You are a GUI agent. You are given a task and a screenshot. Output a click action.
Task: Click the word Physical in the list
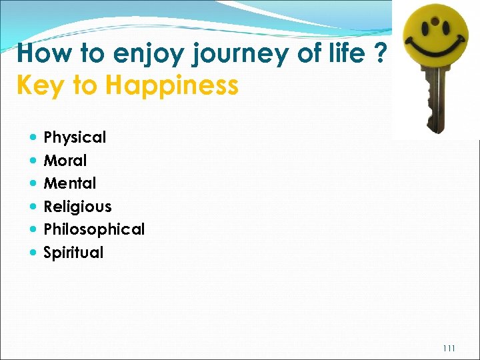click(75, 138)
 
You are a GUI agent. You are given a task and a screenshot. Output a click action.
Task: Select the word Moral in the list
click(65, 161)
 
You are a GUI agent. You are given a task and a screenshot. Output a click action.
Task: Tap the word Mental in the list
click(69, 183)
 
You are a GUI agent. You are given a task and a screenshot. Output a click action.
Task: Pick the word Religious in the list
click(77, 207)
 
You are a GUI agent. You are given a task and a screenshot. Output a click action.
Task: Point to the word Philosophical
click(93, 229)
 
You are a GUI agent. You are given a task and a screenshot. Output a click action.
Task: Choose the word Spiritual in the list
click(73, 253)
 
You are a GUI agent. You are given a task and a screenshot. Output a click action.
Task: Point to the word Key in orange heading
click(38, 85)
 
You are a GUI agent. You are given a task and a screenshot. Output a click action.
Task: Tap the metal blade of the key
click(434, 100)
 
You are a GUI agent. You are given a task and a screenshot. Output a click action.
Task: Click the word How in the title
click(41, 53)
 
